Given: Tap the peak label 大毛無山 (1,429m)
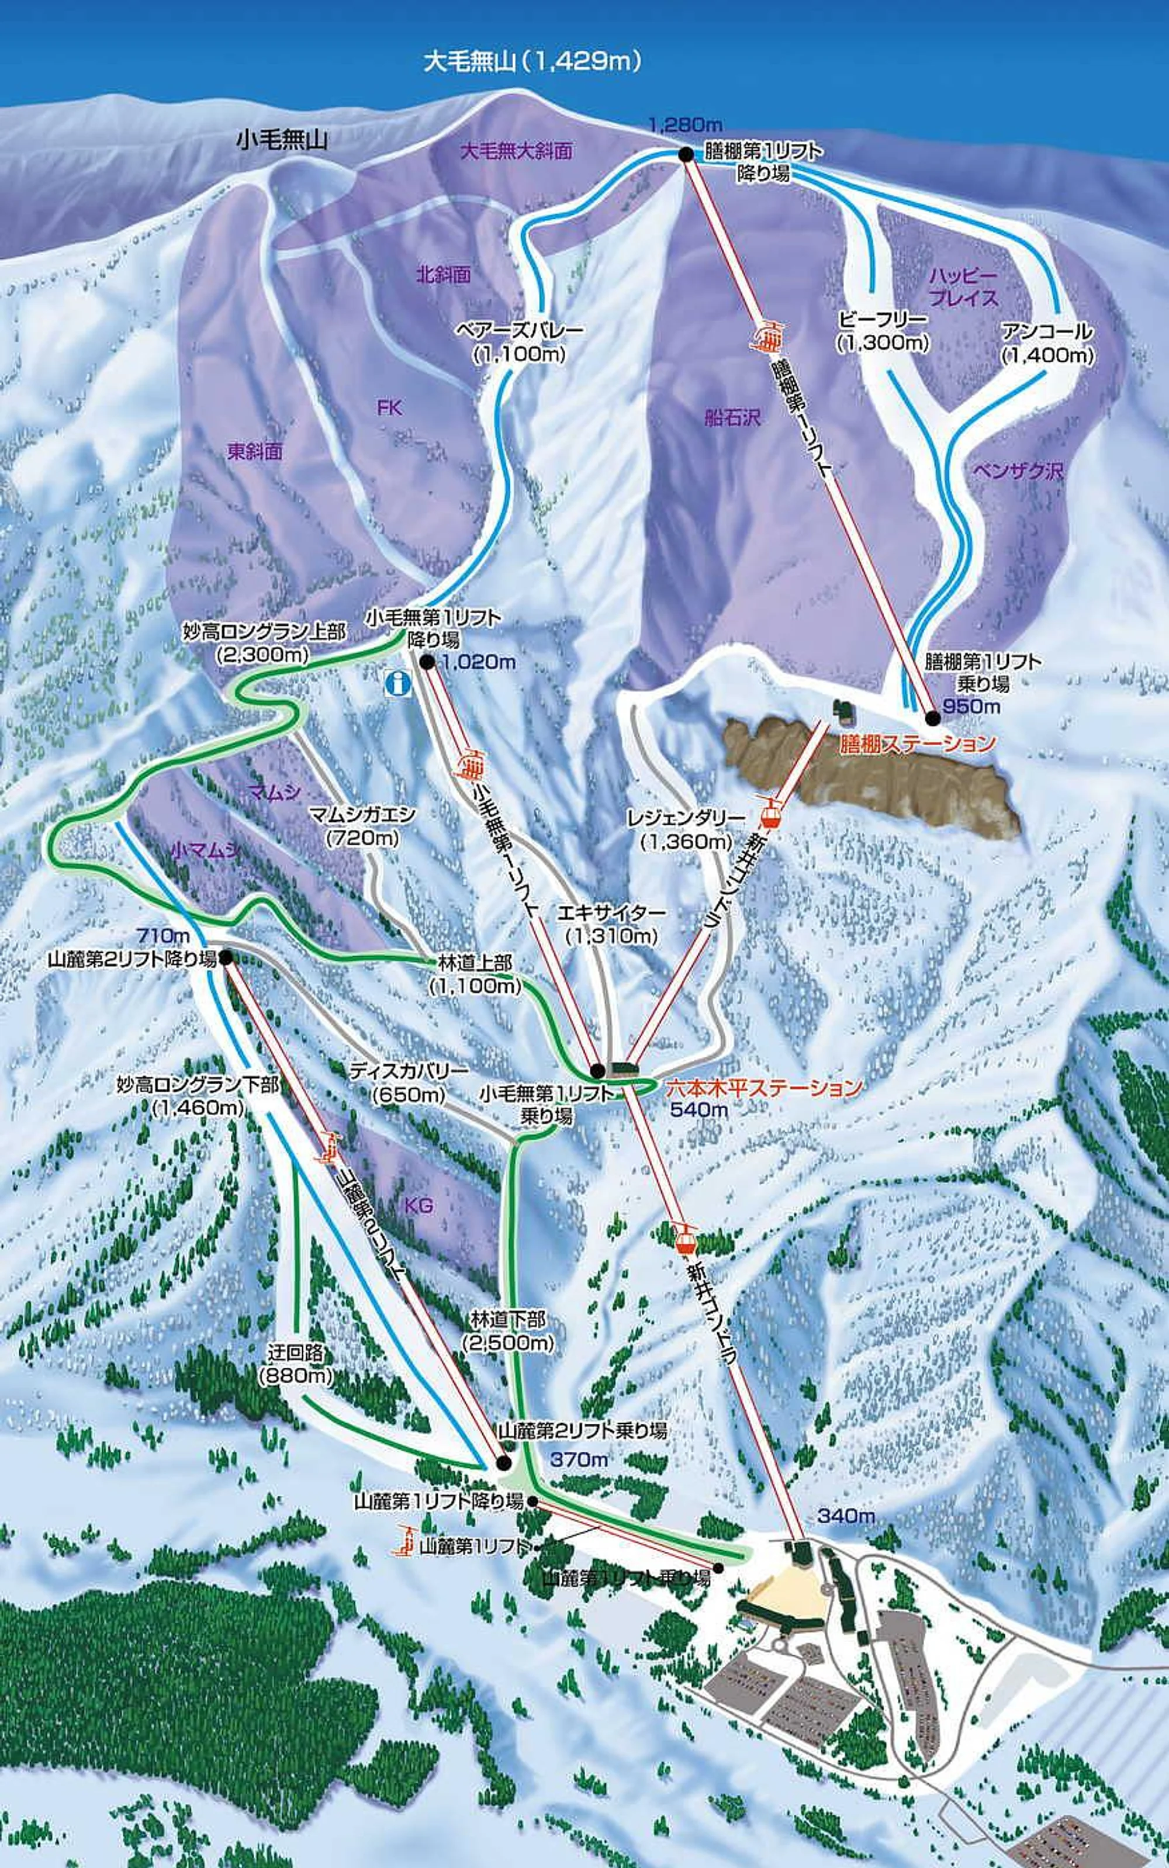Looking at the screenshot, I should (532, 62).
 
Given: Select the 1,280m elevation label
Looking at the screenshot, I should (685, 124).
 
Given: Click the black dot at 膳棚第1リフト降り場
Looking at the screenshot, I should (685, 155).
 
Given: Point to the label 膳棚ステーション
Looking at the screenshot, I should (918, 744).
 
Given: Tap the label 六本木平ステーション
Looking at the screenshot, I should (764, 1088).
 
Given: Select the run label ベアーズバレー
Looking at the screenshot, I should (520, 331).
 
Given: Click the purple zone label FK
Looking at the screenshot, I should (390, 407).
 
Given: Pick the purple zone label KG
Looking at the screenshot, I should (419, 1205).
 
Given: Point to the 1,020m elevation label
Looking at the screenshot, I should (479, 662).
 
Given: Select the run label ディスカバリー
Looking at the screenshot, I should (409, 1071).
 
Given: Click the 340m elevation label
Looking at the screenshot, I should (846, 1516).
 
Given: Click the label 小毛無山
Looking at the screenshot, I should (282, 140).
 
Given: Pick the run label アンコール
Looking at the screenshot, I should (1047, 333).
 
